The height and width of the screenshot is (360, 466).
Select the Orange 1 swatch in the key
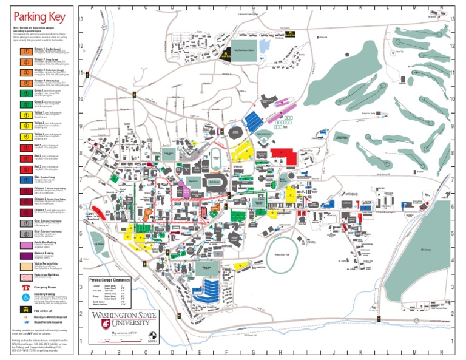coord(26,50)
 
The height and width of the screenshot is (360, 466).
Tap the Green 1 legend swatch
coord(26,93)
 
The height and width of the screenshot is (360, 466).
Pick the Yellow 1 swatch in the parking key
coord(26,115)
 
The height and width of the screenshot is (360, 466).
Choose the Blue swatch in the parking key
coord(26,179)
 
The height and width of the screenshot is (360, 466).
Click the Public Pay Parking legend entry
coord(26,244)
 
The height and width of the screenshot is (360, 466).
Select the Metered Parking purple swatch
coord(26,255)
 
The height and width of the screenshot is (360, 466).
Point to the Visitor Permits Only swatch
coord(26,266)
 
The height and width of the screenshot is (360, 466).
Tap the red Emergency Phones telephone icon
coord(26,287)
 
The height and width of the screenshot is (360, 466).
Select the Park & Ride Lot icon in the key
coord(26,310)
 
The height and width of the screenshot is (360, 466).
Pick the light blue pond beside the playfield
coord(265,46)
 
